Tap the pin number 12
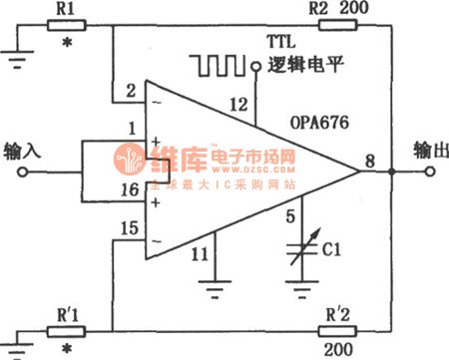point(236,103)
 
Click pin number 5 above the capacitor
point(290,213)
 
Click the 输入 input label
point(23,151)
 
